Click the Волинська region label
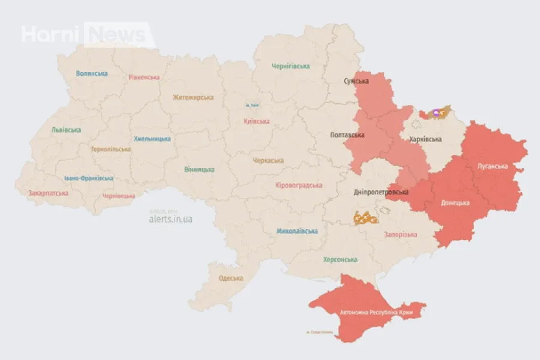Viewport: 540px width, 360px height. point(92,73)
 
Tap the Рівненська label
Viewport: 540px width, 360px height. point(144,77)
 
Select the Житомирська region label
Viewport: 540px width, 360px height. point(193,97)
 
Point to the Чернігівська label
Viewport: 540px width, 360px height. point(290,66)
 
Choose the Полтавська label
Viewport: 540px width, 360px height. point(347,135)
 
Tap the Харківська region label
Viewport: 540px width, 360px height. point(425,139)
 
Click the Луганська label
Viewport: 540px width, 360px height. point(492,166)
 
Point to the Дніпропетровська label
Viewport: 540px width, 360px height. point(380,192)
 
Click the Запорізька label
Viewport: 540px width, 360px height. point(400,234)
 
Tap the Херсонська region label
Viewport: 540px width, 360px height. point(340,260)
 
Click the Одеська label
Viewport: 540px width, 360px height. point(230,278)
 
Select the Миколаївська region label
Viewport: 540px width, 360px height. point(297,231)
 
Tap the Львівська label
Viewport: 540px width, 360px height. point(66,130)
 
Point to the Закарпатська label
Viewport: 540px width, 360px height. point(48,193)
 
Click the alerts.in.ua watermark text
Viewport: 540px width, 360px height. point(170,219)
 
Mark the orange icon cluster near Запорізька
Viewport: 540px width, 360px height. point(365,218)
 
